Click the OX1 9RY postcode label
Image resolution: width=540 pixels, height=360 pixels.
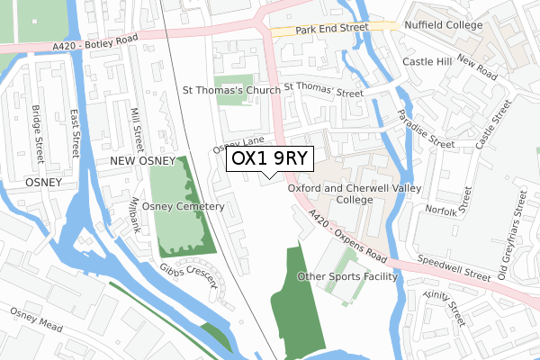pyautogui.click(x=270, y=158)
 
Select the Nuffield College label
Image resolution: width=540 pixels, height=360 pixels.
pyautogui.click(x=443, y=26)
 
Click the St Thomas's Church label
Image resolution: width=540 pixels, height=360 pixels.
pyautogui.click(x=231, y=90)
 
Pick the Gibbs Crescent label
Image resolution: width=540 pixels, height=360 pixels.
pyautogui.click(x=191, y=276)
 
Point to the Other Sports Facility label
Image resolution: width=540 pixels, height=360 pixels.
pyautogui.click(x=346, y=277)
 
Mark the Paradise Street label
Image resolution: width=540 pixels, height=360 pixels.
pyautogui.click(x=427, y=130)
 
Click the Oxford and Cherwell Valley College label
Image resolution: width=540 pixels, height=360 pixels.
pyautogui.click(x=342, y=193)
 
